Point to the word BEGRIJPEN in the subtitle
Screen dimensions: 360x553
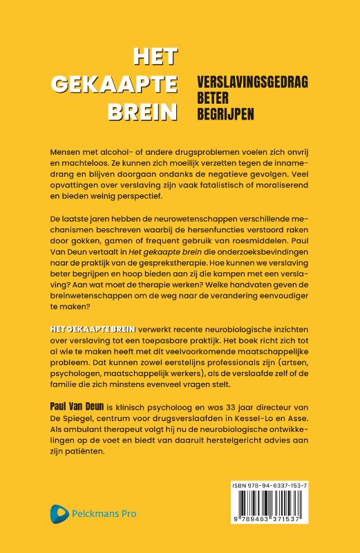click(x=210, y=109)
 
